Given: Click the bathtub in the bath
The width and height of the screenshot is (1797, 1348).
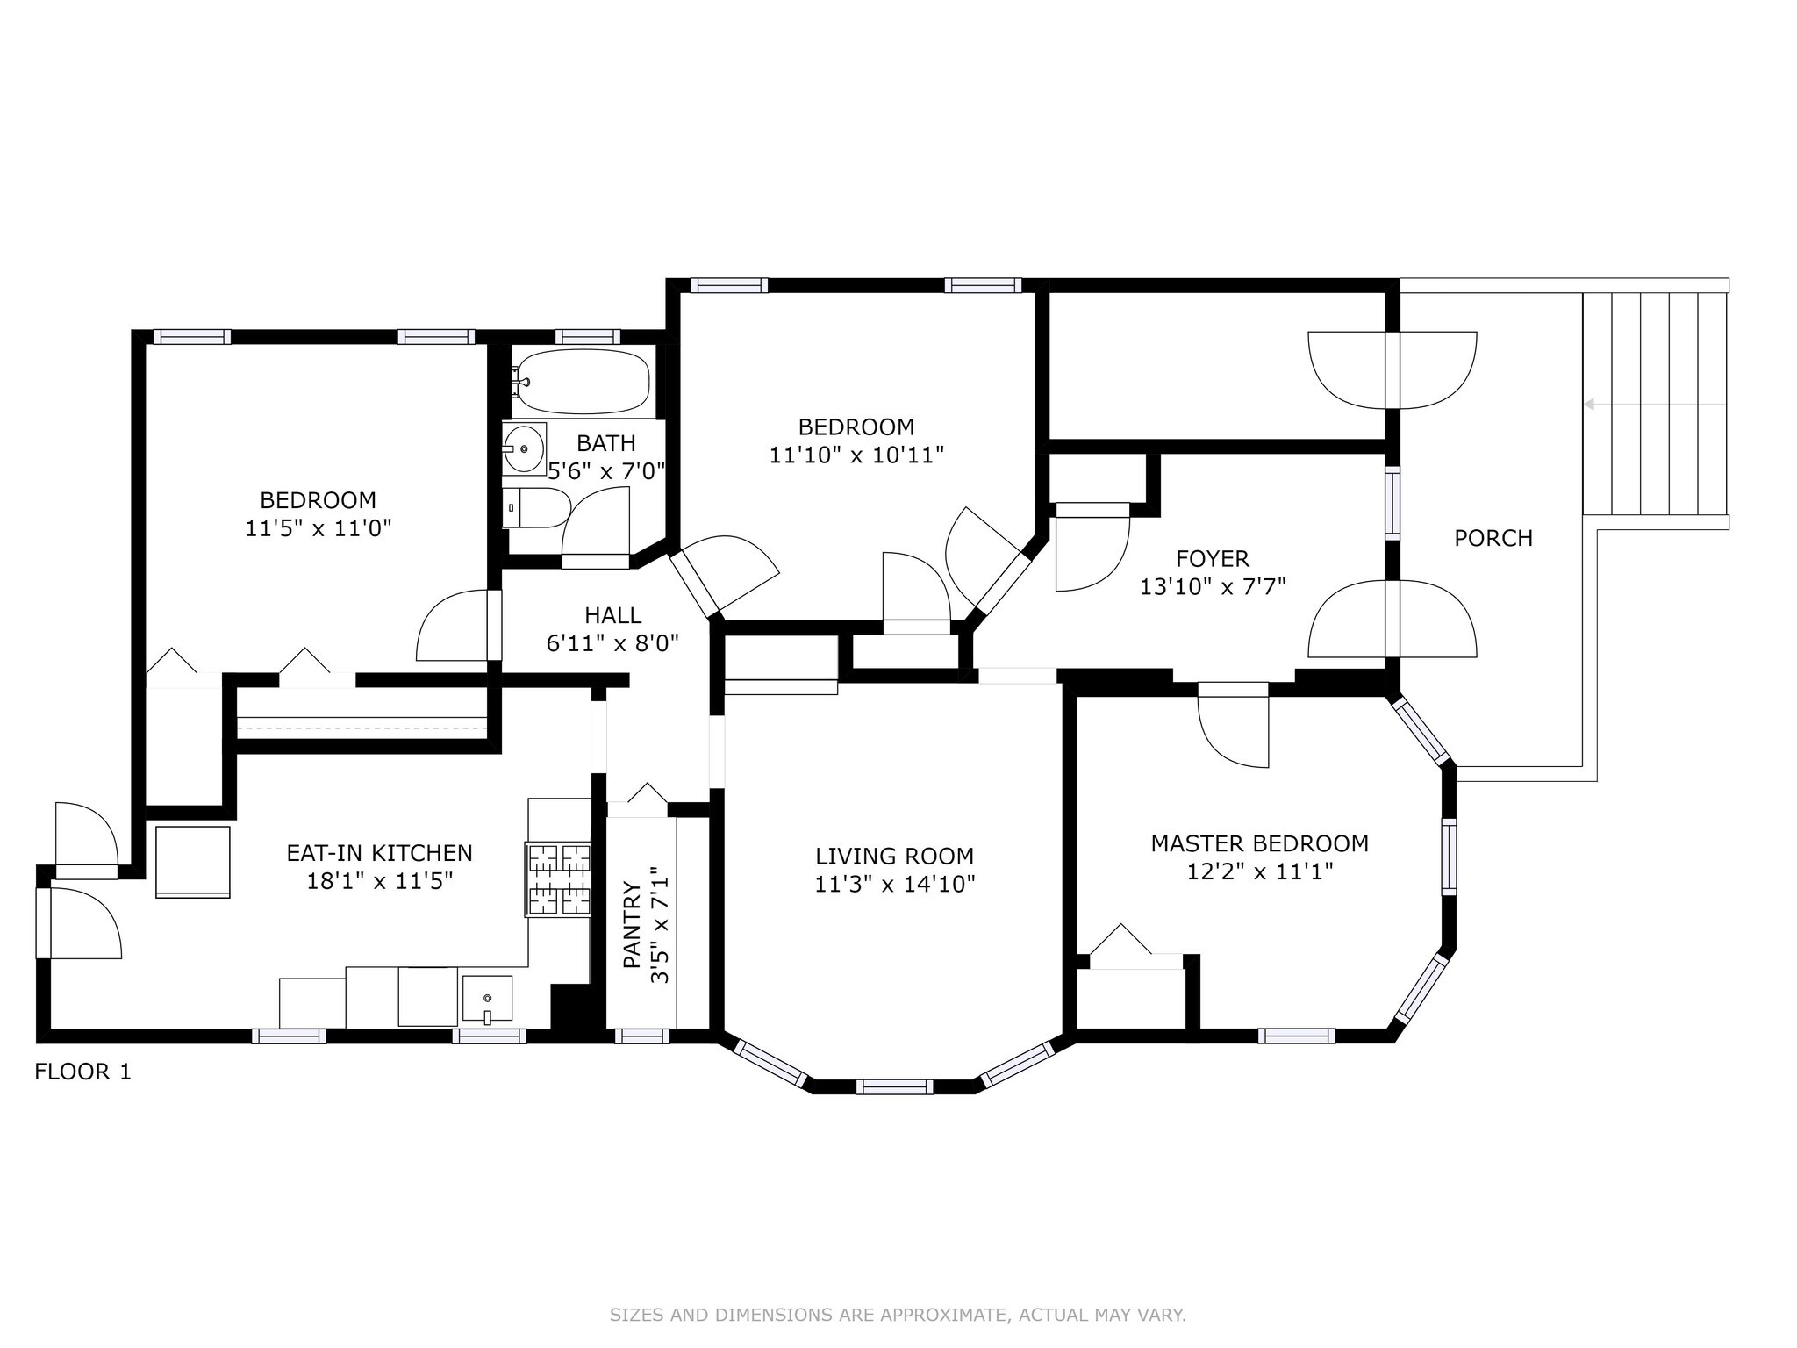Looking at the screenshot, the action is pyautogui.click(x=581, y=381).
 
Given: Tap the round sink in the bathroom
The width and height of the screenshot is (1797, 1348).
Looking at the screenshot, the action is pyautogui.click(x=524, y=448).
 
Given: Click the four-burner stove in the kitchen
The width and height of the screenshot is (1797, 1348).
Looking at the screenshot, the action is pyautogui.click(x=558, y=880).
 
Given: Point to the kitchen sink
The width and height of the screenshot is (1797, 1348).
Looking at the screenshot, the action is pyautogui.click(x=487, y=1000).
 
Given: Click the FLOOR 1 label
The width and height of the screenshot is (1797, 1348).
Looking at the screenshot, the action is pyautogui.click(x=82, y=1072).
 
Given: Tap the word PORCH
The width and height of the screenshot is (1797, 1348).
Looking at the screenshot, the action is pyautogui.click(x=1493, y=538).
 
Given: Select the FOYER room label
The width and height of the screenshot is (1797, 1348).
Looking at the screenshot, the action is pyautogui.click(x=1213, y=558).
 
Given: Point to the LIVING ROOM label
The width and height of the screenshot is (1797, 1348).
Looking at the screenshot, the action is pyautogui.click(x=895, y=856).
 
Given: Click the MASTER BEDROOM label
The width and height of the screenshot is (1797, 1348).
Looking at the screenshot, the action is pyautogui.click(x=1260, y=843).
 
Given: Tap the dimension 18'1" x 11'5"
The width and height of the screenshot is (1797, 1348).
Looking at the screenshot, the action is pyautogui.click(x=379, y=880).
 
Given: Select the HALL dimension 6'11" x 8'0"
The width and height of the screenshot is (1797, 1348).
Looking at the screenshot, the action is pyautogui.click(x=613, y=643).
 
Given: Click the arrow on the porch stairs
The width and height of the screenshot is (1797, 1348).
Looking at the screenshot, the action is pyautogui.click(x=1655, y=405).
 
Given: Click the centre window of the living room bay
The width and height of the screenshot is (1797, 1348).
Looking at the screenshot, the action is pyautogui.click(x=895, y=1086).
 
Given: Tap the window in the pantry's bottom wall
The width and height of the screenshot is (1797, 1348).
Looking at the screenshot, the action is pyautogui.click(x=642, y=1036).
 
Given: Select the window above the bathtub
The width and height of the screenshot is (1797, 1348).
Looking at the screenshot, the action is pyautogui.click(x=588, y=336).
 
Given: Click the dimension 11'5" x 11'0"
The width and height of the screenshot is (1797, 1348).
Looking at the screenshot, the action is pyautogui.click(x=318, y=528).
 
